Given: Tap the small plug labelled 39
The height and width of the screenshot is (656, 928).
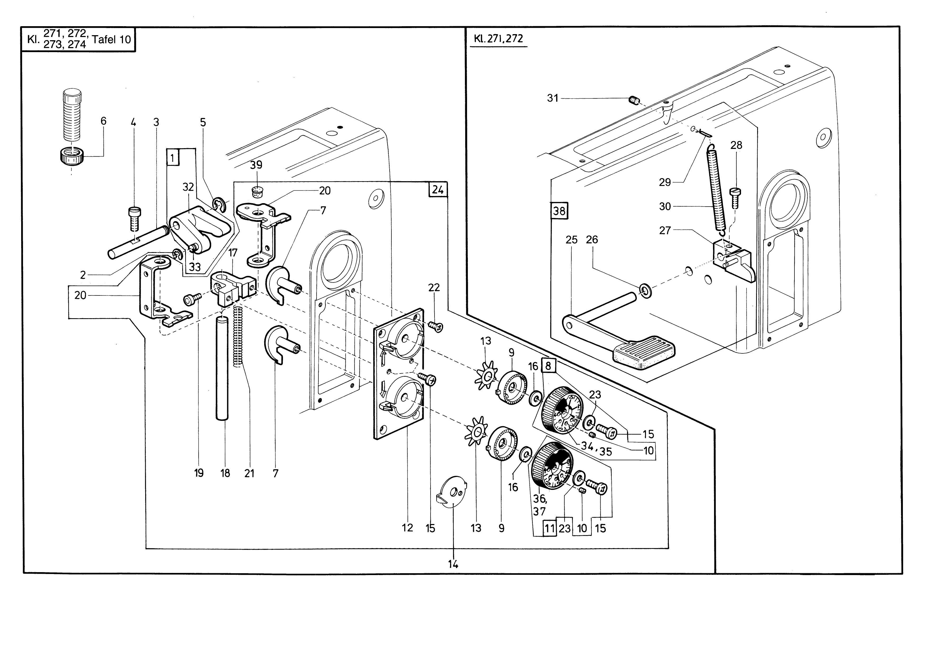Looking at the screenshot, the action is [257, 192].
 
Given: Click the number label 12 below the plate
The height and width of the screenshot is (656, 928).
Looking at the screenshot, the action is [408, 528].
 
